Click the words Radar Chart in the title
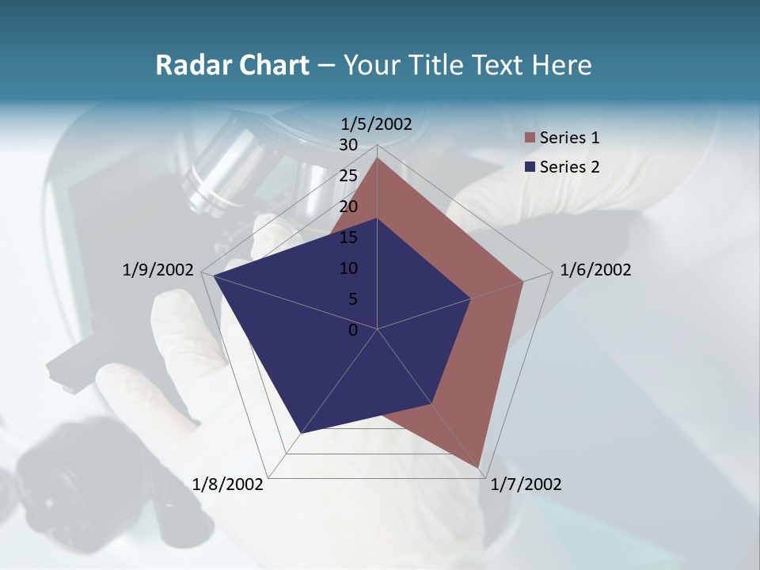coord(231,65)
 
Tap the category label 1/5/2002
coord(377,123)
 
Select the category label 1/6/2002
coord(595,270)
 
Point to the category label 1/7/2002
coord(526,484)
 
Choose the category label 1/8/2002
coord(228,484)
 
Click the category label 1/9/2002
coord(158,270)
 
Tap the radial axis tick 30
coord(348,145)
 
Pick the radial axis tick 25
coord(348,176)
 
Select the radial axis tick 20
coord(348,207)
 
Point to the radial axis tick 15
coord(348,237)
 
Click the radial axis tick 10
coord(348,268)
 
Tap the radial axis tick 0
coord(353,330)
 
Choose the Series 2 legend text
coord(569,166)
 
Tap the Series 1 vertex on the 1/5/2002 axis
coord(378,158)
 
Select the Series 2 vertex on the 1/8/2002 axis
coord(302,433)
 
